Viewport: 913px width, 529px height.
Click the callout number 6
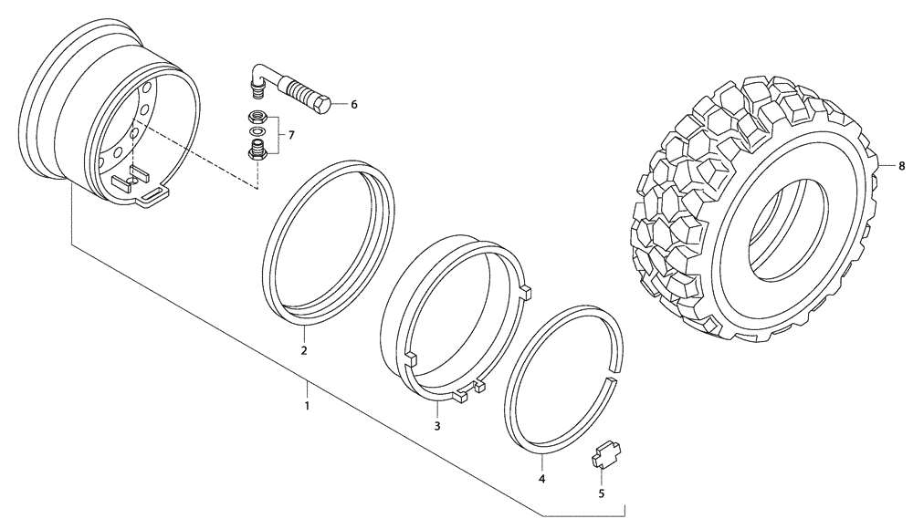pos(353,105)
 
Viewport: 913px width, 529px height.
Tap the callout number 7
pos(290,135)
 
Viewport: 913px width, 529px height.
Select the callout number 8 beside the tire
pos(901,166)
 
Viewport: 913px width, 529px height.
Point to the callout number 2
pos(304,350)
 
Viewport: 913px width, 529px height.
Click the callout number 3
pos(436,426)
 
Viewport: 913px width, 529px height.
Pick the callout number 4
pos(541,479)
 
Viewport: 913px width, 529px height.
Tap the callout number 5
pos(601,493)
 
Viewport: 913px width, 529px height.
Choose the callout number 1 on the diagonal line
pos(308,405)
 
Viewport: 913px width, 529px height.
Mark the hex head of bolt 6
pos(321,105)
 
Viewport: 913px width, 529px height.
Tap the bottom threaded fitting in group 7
pos(257,150)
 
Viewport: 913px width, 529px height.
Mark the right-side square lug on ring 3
pos(525,293)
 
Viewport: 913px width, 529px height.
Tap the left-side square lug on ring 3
pos(410,357)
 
